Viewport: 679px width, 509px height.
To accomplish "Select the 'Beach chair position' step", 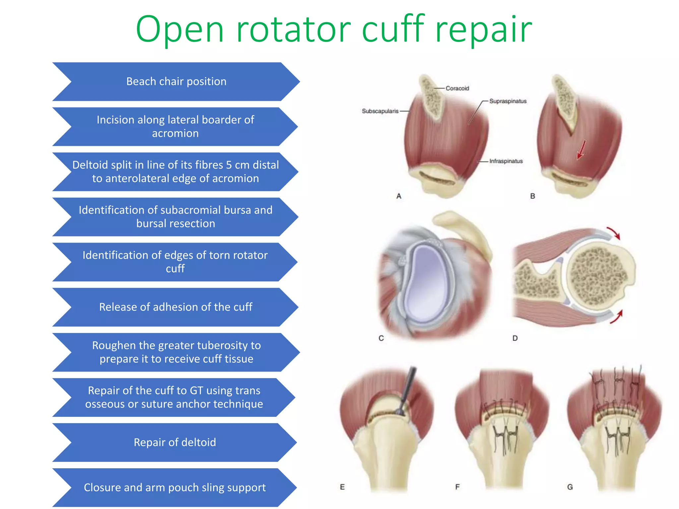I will coord(176,82).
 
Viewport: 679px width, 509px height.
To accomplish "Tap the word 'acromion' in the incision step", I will coord(175,133).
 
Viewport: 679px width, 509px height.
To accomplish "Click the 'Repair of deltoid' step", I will coord(175,442).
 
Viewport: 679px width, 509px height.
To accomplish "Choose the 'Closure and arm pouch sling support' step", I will coord(175,487).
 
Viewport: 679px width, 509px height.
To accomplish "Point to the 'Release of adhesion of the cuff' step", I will coord(175,307).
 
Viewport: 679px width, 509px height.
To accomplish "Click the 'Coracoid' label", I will coord(457,88).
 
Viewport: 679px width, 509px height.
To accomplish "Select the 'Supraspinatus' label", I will coord(508,101).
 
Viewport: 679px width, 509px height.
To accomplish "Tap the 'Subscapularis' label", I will coord(380,111).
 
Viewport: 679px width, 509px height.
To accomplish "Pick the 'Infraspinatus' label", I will coord(506,161).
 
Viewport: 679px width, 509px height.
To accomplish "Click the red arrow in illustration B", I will coord(581,150).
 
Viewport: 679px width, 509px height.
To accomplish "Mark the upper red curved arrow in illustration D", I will coord(614,233).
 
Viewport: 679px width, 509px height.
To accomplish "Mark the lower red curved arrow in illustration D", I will coord(617,316).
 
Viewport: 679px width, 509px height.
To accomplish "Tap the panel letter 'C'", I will coord(381,338).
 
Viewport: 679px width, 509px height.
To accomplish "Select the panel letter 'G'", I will coord(570,487).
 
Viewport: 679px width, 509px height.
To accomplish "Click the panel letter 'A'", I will coord(399,196).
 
